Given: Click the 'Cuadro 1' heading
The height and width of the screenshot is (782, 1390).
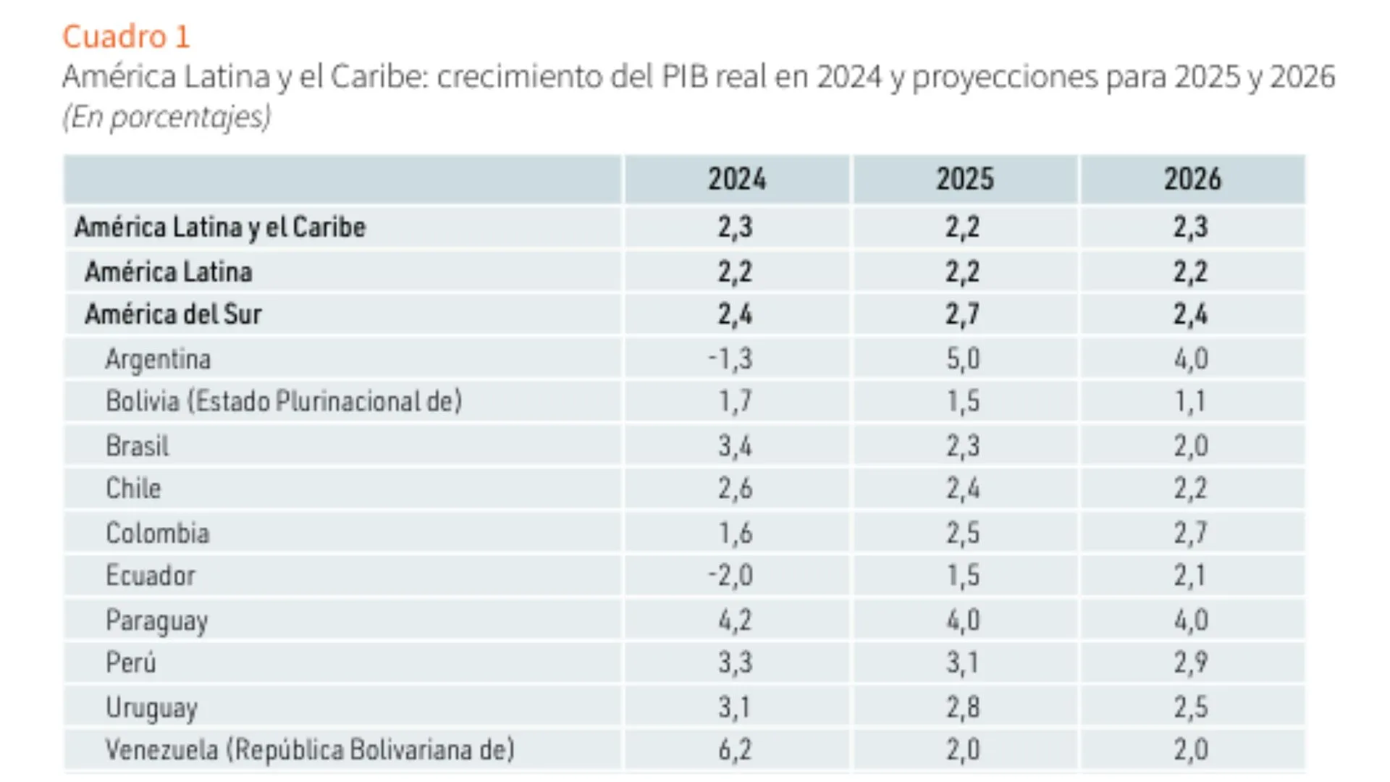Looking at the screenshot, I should [x=126, y=36].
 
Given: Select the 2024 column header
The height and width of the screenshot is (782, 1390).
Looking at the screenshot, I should [x=736, y=179].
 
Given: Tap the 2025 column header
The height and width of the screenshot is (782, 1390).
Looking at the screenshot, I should [x=964, y=179].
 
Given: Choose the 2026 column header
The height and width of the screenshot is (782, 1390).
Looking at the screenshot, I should [x=1192, y=179].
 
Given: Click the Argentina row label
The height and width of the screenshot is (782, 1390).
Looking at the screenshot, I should [x=158, y=359].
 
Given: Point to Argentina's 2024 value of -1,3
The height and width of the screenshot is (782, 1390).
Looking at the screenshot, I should [x=730, y=359].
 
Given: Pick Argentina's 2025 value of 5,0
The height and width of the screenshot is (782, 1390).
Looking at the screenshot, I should [x=963, y=359].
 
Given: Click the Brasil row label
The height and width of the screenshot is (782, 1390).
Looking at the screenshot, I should [x=137, y=446].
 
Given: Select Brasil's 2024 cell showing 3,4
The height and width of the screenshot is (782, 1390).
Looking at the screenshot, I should [x=735, y=446].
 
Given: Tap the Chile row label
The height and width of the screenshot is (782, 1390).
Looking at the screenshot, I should [x=133, y=489].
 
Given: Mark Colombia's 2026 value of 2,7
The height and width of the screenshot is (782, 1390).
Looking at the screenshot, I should [x=1191, y=533].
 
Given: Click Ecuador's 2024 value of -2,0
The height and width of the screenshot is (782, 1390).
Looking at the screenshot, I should [x=730, y=576].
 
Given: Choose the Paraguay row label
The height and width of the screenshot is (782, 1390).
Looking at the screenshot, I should [x=156, y=621].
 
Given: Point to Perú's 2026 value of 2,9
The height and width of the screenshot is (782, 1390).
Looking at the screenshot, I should [x=1191, y=663].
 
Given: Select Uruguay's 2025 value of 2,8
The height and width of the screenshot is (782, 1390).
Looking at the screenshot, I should [x=963, y=707].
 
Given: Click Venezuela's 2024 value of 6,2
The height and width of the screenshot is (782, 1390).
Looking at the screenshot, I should [x=735, y=749].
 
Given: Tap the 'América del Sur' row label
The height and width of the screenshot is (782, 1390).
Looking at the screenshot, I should [x=173, y=314].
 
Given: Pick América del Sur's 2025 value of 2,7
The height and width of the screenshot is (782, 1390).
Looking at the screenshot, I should [x=963, y=314].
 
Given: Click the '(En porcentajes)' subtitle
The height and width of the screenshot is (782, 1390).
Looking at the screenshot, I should [x=167, y=117].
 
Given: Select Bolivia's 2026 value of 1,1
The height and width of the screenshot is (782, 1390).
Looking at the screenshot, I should [x=1189, y=402].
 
